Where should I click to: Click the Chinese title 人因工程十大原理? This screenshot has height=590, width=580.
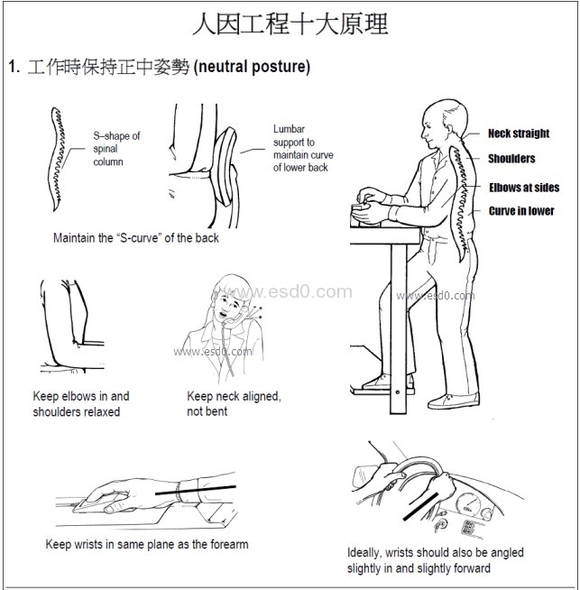[x=290, y=23]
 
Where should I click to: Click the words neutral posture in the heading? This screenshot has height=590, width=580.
[x=252, y=67]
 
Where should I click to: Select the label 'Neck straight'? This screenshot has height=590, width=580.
[x=519, y=134]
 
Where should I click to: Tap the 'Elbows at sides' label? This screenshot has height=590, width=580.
[x=524, y=188]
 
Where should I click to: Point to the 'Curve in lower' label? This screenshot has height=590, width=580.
[x=521, y=211]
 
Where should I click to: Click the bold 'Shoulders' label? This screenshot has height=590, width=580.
[x=511, y=159]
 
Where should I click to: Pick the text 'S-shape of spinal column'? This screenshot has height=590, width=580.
[x=116, y=149]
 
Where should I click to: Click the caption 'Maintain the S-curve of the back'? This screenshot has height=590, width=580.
[x=136, y=238]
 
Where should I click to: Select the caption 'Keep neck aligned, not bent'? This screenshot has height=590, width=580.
[x=234, y=404]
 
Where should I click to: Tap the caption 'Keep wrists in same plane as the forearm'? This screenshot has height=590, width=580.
[x=147, y=544]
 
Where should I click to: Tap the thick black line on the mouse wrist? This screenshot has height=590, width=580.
[x=196, y=490]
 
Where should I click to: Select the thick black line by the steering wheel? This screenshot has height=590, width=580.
[x=421, y=507]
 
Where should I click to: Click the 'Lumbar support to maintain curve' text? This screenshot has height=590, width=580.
[x=303, y=148]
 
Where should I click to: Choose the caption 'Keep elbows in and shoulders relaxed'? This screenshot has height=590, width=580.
[x=81, y=404]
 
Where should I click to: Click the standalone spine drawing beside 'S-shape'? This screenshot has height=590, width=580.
[x=57, y=159]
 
